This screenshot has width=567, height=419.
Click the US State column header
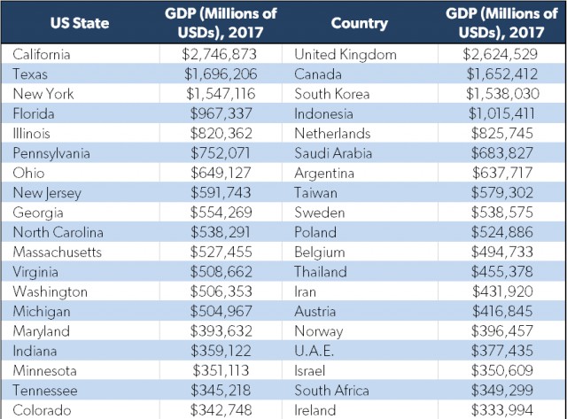tap(80, 23)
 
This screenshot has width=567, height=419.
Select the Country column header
tap(359, 23)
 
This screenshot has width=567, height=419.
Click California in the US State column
tap(42, 54)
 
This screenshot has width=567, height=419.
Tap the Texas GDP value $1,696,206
tap(221, 74)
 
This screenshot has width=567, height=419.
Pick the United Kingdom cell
tap(346, 54)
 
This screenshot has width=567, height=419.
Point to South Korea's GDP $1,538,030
tap(502, 94)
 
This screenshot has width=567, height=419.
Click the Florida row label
tap(34, 113)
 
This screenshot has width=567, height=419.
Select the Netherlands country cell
tap(332, 134)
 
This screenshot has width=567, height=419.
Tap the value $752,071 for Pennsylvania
tap(221, 153)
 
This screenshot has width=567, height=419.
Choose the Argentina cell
tap(324, 173)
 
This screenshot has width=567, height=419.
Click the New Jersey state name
tap(47, 193)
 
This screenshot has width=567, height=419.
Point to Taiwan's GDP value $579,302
tap(502, 193)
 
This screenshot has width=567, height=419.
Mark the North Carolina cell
tap(58, 232)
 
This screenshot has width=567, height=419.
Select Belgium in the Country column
tap(320, 252)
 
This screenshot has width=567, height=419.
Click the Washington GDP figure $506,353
tap(221, 291)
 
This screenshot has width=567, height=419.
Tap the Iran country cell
tap(305, 291)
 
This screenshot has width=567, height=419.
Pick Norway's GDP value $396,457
tap(502, 331)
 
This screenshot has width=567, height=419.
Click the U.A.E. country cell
tap(315, 351)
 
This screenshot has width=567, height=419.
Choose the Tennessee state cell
tap(45, 391)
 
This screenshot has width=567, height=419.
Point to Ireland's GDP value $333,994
tap(502, 410)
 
